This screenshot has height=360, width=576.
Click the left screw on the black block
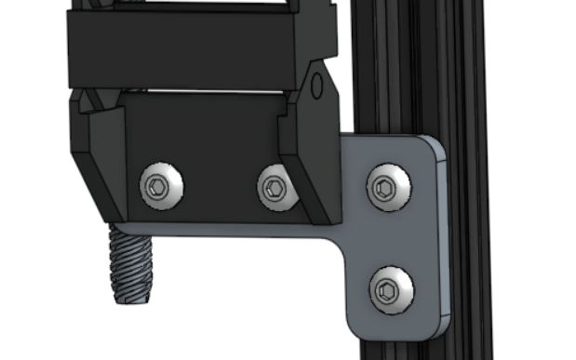[x=161, y=186]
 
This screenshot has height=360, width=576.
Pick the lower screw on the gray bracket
[x=389, y=291]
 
